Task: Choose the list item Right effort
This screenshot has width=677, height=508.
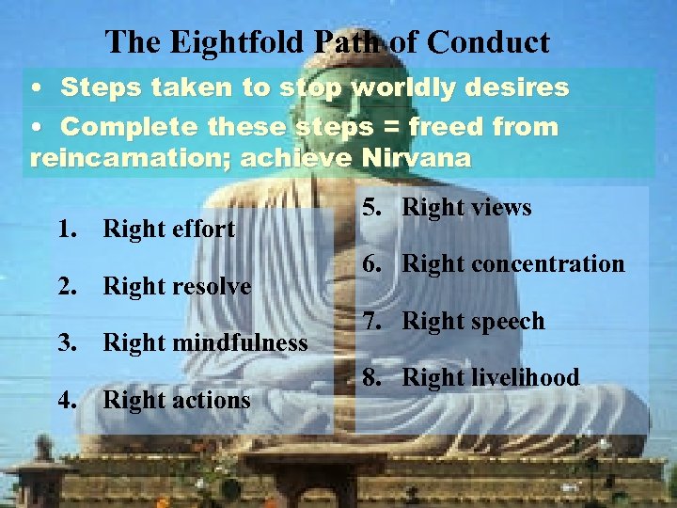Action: coord(168,229)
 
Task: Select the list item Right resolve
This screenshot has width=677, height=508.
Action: coord(177,286)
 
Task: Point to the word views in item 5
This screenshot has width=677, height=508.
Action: coord(498,208)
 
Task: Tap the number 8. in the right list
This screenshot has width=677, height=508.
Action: coord(373,378)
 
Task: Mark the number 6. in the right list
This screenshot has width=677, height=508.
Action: coord(373,264)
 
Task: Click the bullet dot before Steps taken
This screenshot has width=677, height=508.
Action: coord(35,88)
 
